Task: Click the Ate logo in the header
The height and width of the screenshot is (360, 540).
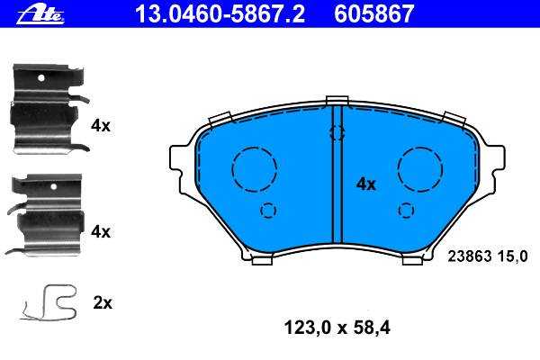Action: (x=40, y=14)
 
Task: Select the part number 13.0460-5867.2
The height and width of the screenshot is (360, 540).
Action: (x=220, y=14)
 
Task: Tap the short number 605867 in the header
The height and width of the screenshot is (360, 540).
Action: (x=373, y=14)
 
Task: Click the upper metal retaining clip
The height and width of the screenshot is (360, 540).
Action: (x=49, y=109)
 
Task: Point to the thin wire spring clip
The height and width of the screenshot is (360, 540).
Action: (x=49, y=302)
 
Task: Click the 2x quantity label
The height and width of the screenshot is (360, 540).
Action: (x=103, y=303)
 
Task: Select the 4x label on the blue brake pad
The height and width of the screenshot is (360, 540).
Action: (x=365, y=184)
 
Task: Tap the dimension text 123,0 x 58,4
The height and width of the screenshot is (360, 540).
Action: (x=337, y=328)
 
